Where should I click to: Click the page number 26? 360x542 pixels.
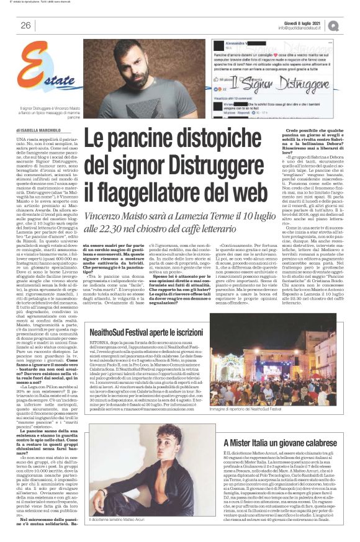[x=25, y=25]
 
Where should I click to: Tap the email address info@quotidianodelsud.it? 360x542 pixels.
[x=307, y=28]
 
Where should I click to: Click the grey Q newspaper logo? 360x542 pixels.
[x=351, y=25]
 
